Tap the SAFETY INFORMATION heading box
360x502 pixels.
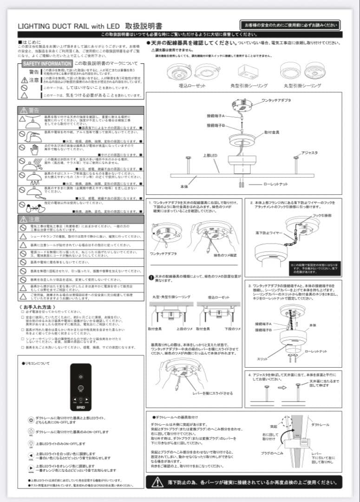(x=47, y=63)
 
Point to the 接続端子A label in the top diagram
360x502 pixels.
(x=216, y=115)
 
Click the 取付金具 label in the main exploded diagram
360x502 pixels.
(x=272, y=132)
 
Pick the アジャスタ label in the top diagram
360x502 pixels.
(x=309, y=152)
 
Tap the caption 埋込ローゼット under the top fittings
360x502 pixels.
(x=191, y=86)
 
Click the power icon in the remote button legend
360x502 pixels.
(x=31, y=420)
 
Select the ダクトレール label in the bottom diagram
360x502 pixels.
(x=321, y=425)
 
